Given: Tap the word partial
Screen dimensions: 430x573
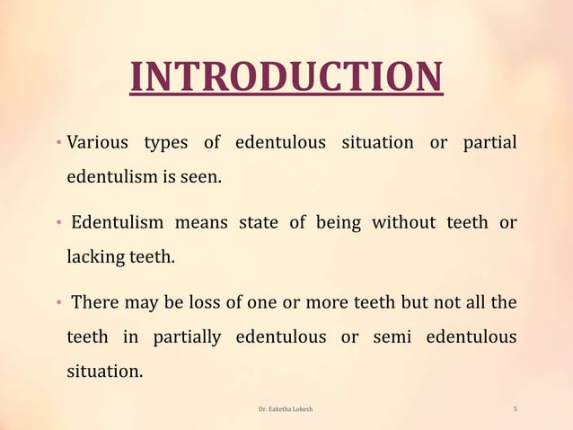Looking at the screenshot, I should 489,144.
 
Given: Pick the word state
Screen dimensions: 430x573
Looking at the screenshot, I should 258,223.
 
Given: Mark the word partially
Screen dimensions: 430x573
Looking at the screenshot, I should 186,336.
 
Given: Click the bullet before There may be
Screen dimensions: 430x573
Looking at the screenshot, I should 57,303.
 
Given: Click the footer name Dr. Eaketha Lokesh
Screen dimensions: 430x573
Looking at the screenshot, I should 286,409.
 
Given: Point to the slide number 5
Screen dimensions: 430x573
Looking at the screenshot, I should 515,409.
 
